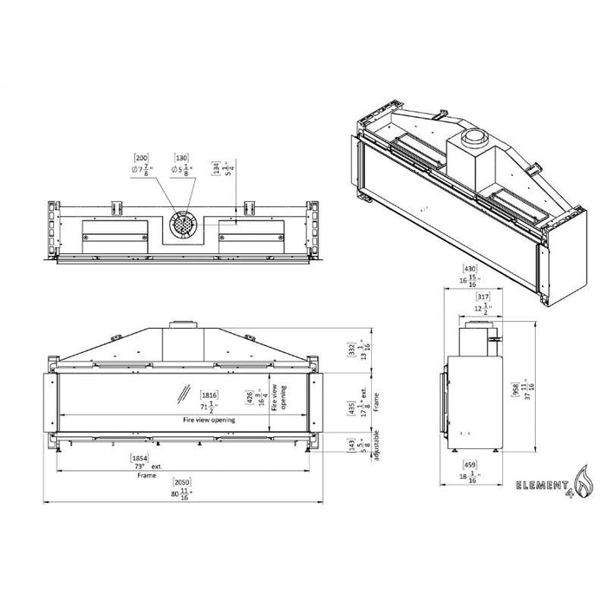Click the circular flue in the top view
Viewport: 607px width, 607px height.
click(182, 224)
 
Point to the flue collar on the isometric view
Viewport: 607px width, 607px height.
click(474, 138)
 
